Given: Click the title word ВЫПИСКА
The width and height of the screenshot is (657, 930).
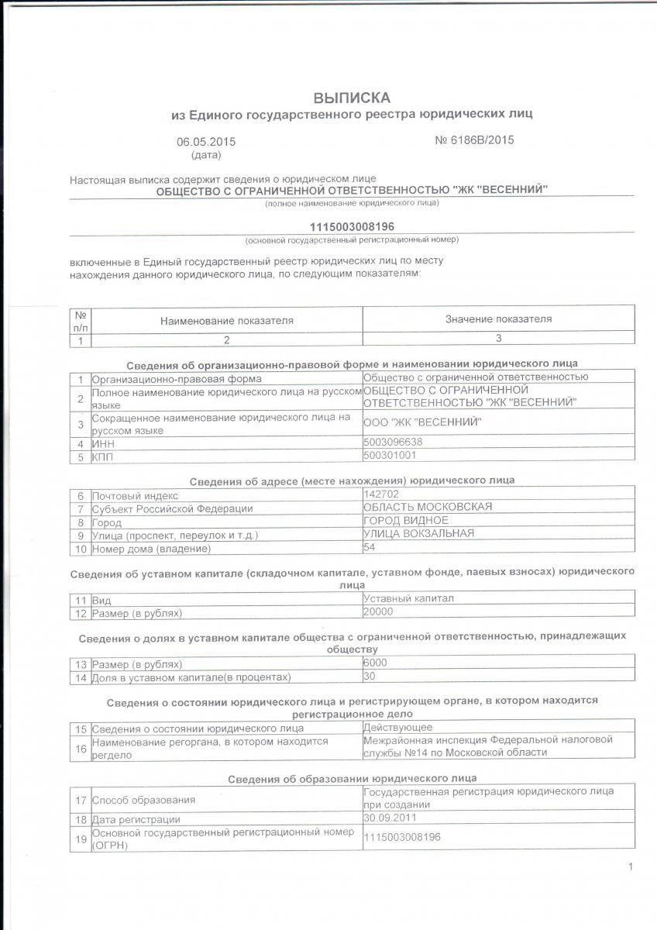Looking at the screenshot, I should tap(352, 98).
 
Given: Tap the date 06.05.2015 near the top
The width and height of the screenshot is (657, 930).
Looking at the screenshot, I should tap(205, 142).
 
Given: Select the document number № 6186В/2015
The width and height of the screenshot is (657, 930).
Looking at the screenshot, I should tap(474, 140).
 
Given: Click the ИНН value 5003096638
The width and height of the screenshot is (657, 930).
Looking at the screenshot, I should tap(393, 443).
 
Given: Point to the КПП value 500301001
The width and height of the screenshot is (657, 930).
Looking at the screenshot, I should tap(390, 456).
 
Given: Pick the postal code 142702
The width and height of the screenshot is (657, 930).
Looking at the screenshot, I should tap(380, 494).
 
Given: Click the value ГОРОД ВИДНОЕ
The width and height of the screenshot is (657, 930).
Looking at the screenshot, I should tap(406, 520).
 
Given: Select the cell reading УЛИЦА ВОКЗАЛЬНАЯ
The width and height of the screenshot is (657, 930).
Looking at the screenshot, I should tap(418, 533).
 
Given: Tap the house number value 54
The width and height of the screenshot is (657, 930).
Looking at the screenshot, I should tap(370, 547).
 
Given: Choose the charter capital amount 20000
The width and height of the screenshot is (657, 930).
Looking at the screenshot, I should tap(379, 611).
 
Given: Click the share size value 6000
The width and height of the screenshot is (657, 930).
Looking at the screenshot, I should tap(376, 663).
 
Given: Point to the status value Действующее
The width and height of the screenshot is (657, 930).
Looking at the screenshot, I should tap(397, 727).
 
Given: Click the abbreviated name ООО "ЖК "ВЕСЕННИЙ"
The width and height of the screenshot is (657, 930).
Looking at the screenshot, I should tap(422, 422).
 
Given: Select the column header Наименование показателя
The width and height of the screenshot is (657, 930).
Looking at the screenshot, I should tap(226, 320).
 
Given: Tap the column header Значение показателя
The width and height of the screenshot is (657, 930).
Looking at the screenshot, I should tap(498, 319).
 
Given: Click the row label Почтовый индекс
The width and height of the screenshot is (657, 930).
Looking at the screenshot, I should tap(135, 495).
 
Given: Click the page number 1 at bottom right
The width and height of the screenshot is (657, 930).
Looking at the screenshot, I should tap(631, 866).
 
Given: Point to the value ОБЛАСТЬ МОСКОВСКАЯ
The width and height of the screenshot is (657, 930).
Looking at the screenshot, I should tap(428, 507).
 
